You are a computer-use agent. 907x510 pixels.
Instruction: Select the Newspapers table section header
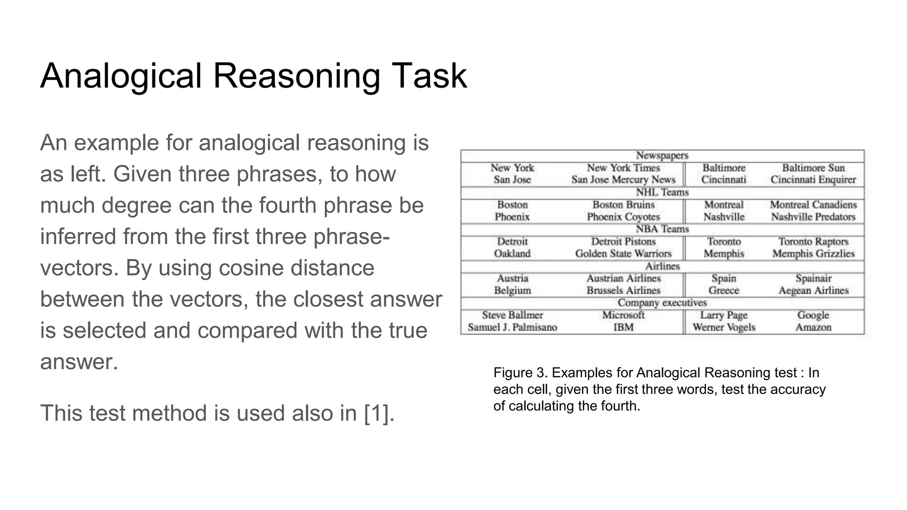tap(662, 155)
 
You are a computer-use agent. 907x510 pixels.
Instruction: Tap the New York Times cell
tap(623, 168)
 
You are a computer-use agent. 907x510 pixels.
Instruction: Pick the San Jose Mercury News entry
tap(623, 180)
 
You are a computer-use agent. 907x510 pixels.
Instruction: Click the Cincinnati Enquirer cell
tap(813, 180)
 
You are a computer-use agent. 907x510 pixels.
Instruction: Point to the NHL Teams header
tap(662, 192)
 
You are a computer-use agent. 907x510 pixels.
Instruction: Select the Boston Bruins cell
tap(623, 205)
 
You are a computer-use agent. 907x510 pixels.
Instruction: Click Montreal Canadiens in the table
tap(813, 205)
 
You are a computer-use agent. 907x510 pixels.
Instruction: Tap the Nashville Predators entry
tap(813, 217)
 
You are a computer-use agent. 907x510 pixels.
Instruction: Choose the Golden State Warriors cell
tap(623, 254)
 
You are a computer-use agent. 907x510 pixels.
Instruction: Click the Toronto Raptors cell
tap(813, 241)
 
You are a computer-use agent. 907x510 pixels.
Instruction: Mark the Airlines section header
tap(662, 266)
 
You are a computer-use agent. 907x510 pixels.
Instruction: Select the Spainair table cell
tap(813, 278)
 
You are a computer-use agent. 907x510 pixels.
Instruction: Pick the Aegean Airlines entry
tap(813, 290)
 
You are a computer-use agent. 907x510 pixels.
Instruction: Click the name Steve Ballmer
tap(512, 315)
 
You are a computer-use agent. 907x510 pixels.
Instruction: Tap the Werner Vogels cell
tap(724, 327)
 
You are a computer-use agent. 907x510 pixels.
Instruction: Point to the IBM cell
tap(623, 327)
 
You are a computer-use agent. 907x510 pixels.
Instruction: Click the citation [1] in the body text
tap(378, 413)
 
